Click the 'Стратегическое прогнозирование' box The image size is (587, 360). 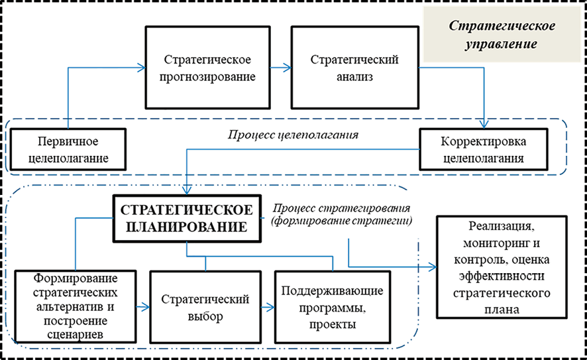coord(208,67)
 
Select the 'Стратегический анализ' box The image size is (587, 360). coord(354,67)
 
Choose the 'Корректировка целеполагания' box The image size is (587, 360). coord(484,150)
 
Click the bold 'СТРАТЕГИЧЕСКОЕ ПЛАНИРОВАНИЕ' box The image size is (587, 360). coord(186,217)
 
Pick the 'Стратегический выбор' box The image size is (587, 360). coord(205,307)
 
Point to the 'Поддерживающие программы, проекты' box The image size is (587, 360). coord(332,307)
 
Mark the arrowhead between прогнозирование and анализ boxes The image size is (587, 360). coord(288,67)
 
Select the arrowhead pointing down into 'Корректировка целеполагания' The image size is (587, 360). coord(487,124)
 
